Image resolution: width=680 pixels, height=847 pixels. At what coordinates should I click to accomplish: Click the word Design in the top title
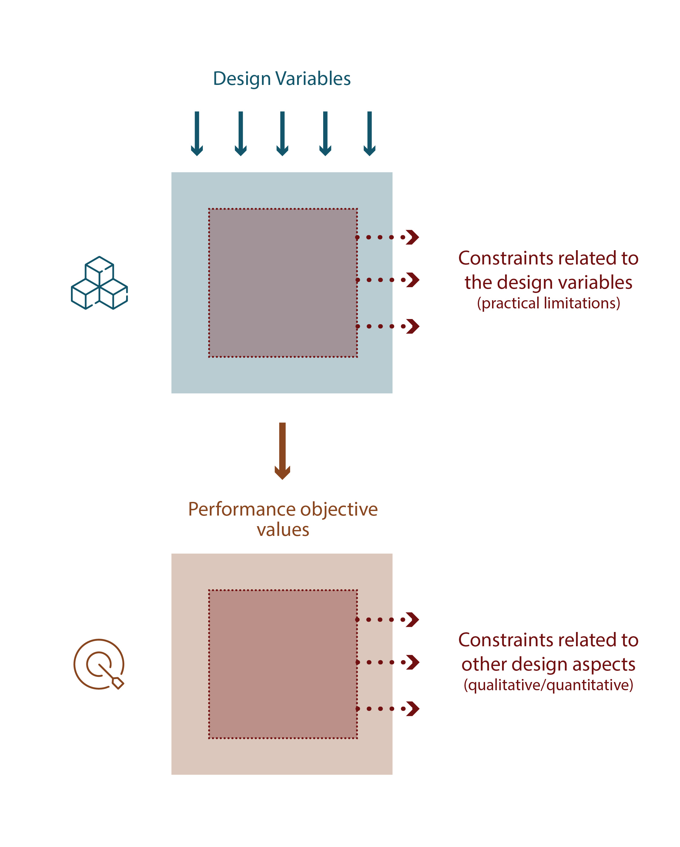pos(242,79)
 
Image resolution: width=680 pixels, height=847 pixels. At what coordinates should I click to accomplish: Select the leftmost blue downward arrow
pos(197,133)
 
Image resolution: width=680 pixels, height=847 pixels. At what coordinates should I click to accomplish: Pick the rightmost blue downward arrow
pos(369,133)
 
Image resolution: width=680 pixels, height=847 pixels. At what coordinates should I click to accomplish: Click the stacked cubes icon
pos(99,283)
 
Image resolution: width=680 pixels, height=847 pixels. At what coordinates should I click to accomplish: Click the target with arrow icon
pos(99,664)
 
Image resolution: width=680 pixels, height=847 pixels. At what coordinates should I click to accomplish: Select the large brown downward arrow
pos(282,451)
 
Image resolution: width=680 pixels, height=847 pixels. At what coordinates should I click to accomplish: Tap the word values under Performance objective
pos(283,529)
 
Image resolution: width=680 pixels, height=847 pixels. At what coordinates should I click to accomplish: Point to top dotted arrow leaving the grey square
pos(388,237)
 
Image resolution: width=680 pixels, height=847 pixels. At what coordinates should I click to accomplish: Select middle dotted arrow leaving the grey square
pos(388,280)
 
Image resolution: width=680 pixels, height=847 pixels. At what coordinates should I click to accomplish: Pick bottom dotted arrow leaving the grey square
pos(388,326)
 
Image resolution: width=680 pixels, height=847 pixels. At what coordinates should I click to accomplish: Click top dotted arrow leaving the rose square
pos(388,620)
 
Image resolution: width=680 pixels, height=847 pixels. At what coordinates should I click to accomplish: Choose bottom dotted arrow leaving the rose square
pos(388,709)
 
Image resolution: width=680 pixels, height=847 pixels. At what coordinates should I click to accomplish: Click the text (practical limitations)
pos(548,303)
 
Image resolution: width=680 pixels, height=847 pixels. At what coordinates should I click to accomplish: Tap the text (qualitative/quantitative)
pos(548,685)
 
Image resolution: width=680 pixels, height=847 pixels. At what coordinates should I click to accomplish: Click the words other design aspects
pos(548,664)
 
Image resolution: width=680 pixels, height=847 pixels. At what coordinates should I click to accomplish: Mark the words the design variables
pos(548,282)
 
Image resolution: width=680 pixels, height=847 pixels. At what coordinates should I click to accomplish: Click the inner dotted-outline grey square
pos(283,283)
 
